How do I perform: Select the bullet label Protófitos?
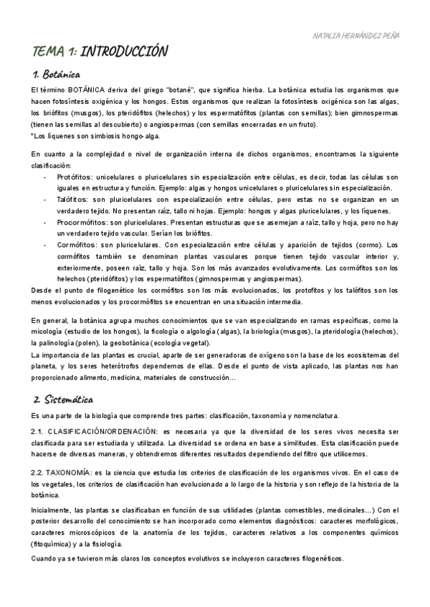pos(74,177)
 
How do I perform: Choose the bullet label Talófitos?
pos(72,200)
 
